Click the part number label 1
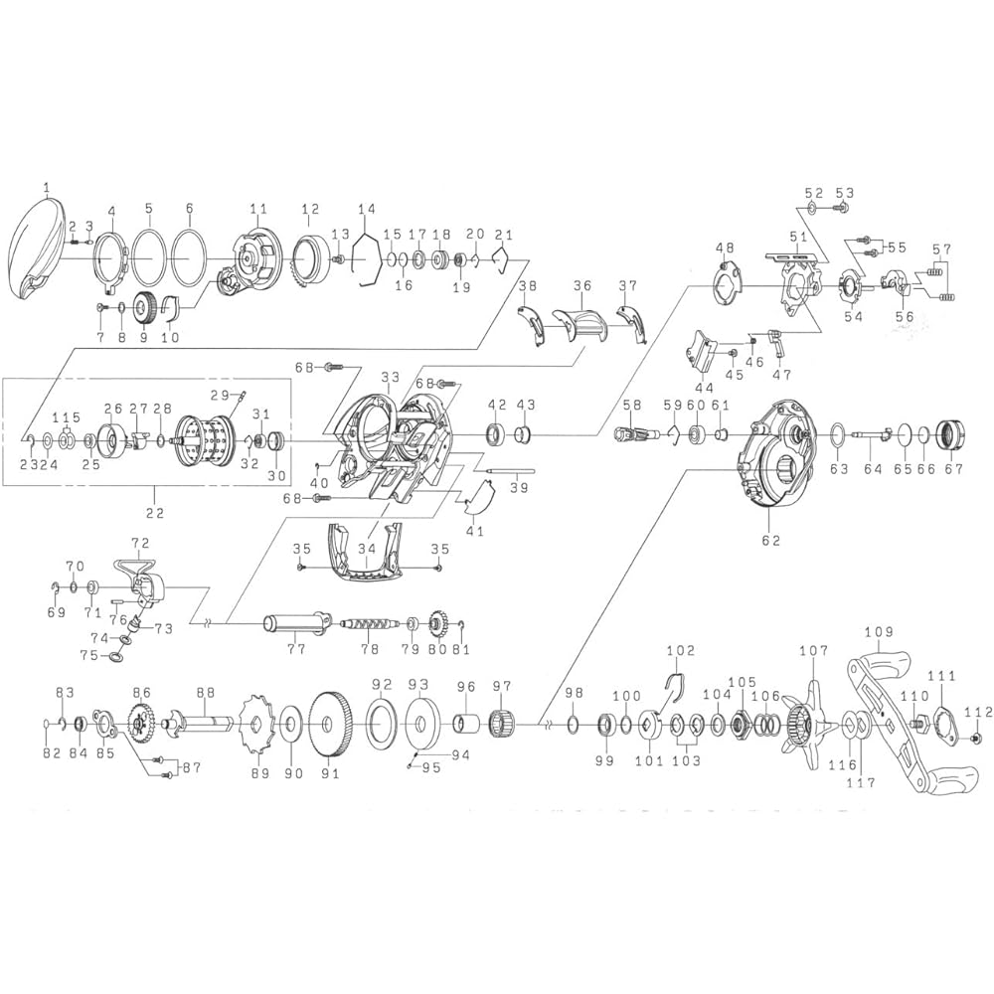coord(47,187)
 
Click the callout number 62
coord(771,540)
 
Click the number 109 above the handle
coord(879,631)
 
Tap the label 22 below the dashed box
coord(155,513)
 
